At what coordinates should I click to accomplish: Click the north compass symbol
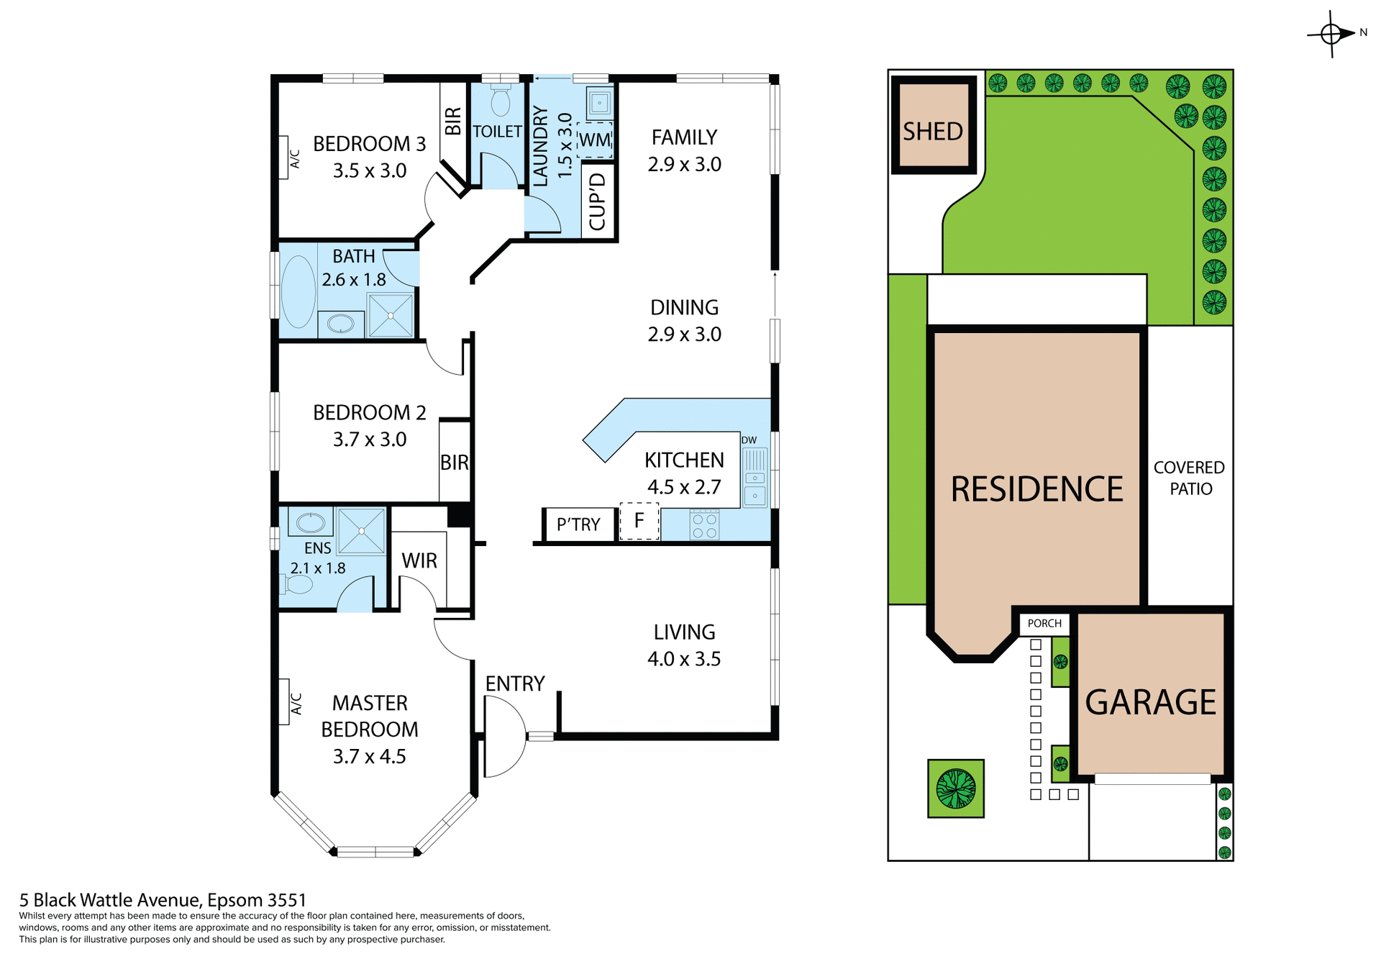point(1331,34)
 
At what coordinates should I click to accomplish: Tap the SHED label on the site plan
point(933,132)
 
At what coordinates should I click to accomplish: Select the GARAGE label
point(1150,702)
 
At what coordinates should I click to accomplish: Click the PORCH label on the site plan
point(1044,624)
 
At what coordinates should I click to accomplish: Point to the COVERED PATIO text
point(1190,478)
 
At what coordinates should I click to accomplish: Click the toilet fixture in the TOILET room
point(501,101)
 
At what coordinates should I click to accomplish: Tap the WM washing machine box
point(595,140)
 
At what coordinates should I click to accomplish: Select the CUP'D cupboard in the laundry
point(598,201)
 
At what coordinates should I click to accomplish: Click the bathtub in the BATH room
point(298,291)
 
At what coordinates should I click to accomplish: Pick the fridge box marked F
point(639,521)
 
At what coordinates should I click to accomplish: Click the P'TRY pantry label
point(578,524)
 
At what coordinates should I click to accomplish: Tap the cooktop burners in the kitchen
point(704,525)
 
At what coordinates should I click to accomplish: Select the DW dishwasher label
point(749,440)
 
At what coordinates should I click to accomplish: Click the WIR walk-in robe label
point(419,560)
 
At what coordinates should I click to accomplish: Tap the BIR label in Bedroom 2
point(455,463)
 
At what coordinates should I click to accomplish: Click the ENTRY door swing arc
point(505,737)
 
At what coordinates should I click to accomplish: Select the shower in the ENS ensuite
point(361,531)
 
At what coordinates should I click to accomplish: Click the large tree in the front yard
point(955,789)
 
